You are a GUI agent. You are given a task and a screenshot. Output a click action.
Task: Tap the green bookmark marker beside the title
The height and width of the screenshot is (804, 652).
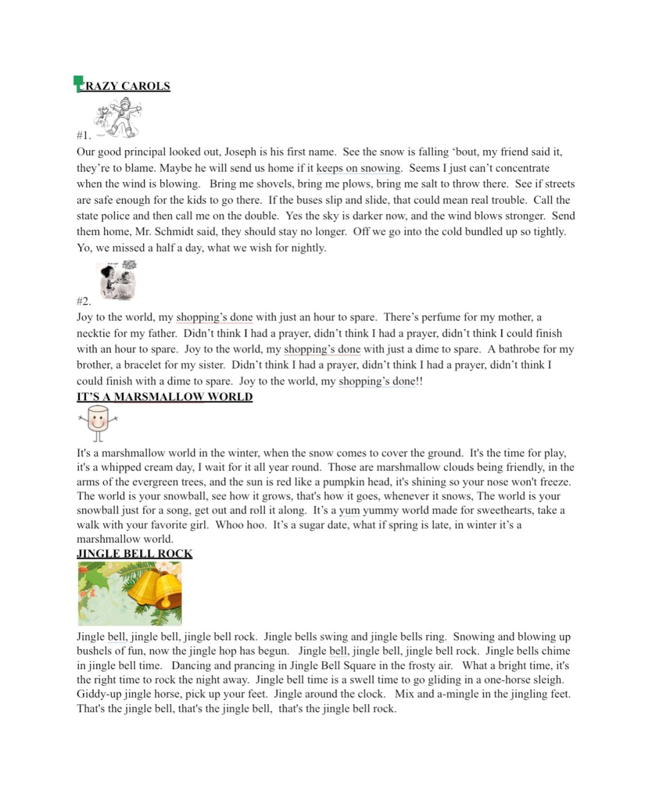78,83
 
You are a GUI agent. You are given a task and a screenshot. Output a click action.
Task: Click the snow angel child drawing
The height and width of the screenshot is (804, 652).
119,119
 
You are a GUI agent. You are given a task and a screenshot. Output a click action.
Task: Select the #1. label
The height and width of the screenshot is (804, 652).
84,135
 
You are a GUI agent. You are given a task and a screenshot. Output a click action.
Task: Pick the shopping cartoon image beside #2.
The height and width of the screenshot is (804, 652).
117,281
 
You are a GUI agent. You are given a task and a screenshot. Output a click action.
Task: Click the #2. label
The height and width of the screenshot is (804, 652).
84,301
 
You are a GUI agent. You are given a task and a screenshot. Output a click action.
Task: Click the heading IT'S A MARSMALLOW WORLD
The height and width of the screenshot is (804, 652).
164,397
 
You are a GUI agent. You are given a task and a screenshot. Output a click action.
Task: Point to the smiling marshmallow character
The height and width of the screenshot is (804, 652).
98,423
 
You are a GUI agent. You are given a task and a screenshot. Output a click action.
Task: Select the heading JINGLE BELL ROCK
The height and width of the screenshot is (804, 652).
134,554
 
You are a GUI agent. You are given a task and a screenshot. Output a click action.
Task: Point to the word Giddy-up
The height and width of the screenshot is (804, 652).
99,694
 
